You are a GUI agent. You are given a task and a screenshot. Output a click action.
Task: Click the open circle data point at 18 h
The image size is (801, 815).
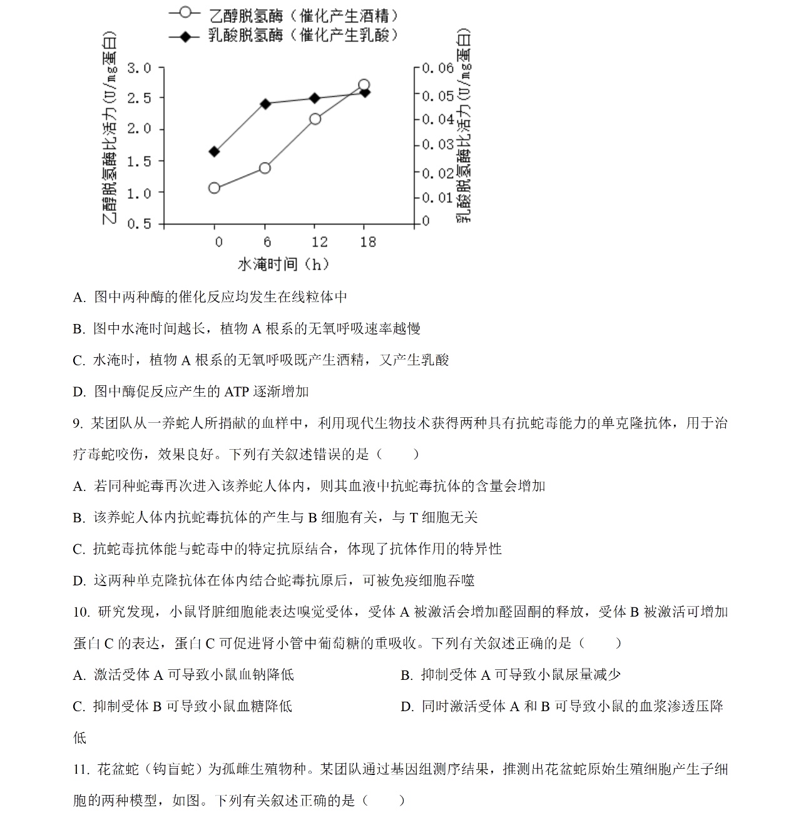tap(364, 85)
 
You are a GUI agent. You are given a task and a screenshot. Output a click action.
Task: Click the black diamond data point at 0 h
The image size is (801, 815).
tap(215, 151)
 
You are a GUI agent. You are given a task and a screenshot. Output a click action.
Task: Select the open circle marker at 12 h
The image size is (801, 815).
tap(315, 119)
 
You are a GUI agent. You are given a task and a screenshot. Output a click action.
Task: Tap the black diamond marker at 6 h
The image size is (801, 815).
tap(265, 104)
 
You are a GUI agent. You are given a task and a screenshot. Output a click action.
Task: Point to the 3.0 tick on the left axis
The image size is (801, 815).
tap(139, 68)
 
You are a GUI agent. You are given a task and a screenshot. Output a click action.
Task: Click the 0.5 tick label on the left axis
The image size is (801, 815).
tap(139, 224)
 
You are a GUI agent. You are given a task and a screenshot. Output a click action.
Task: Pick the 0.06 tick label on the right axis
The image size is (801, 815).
tap(437, 68)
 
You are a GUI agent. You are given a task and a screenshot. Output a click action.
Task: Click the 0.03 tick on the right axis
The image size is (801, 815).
tap(437, 144)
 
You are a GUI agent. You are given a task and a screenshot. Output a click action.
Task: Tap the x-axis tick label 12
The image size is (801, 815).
tap(319, 242)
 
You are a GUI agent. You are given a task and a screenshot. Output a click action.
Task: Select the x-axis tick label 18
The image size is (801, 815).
tap(368, 242)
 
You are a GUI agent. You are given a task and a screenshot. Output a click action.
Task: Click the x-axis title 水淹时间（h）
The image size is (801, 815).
tap(283, 264)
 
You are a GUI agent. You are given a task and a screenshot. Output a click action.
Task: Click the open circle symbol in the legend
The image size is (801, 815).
tap(184, 13)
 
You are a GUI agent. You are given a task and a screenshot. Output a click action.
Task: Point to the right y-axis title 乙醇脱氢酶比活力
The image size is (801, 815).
tap(464, 125)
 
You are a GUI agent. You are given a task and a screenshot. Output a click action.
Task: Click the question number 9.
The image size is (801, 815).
tap(78, 423)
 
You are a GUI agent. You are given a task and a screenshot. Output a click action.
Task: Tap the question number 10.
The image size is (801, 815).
tap(81, 612)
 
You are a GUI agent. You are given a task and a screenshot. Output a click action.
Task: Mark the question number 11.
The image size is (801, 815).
tap(81, 769)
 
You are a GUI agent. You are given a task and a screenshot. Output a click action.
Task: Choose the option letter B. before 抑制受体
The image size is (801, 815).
tap(406, 676)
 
